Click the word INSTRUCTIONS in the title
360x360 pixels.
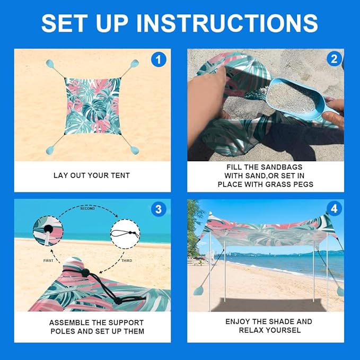[x=227, y=23]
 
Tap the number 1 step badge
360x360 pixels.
[x=159, y=59]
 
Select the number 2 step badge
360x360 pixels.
[x=334, y=59]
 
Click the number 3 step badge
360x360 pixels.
[x=159, y=209]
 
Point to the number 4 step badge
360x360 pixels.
[x=334, y=209]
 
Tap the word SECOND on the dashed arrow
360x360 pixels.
[x=87, y=208]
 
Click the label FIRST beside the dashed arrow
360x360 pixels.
[x=48, y=260]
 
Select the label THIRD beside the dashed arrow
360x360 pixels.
[x=127, y=260]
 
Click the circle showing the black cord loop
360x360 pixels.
[x=125, y=234]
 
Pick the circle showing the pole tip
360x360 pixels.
[x=48, y=231]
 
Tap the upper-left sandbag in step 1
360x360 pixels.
[x=50, y=64]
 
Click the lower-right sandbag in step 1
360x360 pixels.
[x=135, y=150]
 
